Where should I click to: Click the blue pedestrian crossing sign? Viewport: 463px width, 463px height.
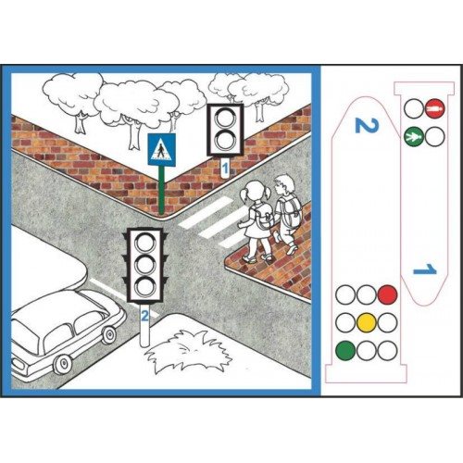pyautogui.click(x=162, y=149)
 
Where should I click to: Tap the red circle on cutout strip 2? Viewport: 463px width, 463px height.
pyautogui.click(x=387, y=294)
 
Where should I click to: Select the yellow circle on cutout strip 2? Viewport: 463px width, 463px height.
pyautogui.click(x=367, y=322)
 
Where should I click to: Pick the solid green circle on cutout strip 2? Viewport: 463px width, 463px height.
pyautogui.click(x=345, y=351)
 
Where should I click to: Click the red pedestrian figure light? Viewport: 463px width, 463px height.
pyautogui.click(x=434, y=108)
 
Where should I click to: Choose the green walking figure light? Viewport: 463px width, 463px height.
pyautogui.click(x=413, y=136)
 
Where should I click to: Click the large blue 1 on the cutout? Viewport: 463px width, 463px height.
pyautogui.click(x=425, y=269)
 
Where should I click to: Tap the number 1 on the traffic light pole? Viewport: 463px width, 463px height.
pyautogui.click(x=225, y=169)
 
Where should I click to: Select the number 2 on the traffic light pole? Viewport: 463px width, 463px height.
pyautogui.click(x=144, y=316)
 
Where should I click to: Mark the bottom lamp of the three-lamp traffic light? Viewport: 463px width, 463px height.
pyautogui.click(x=145, y=286)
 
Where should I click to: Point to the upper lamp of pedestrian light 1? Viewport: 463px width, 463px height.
pyautogui.click(x=225, y=118)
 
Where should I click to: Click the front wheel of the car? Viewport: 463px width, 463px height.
pyautogui.click(x=109, y=335)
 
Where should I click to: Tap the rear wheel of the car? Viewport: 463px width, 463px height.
pyautogui.click(x=64, y=365)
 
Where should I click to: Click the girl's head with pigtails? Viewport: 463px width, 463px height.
pyautogui.click(x=257, y=191)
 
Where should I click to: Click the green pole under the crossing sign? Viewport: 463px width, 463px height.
pyautogui.click(x=161, y=190)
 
